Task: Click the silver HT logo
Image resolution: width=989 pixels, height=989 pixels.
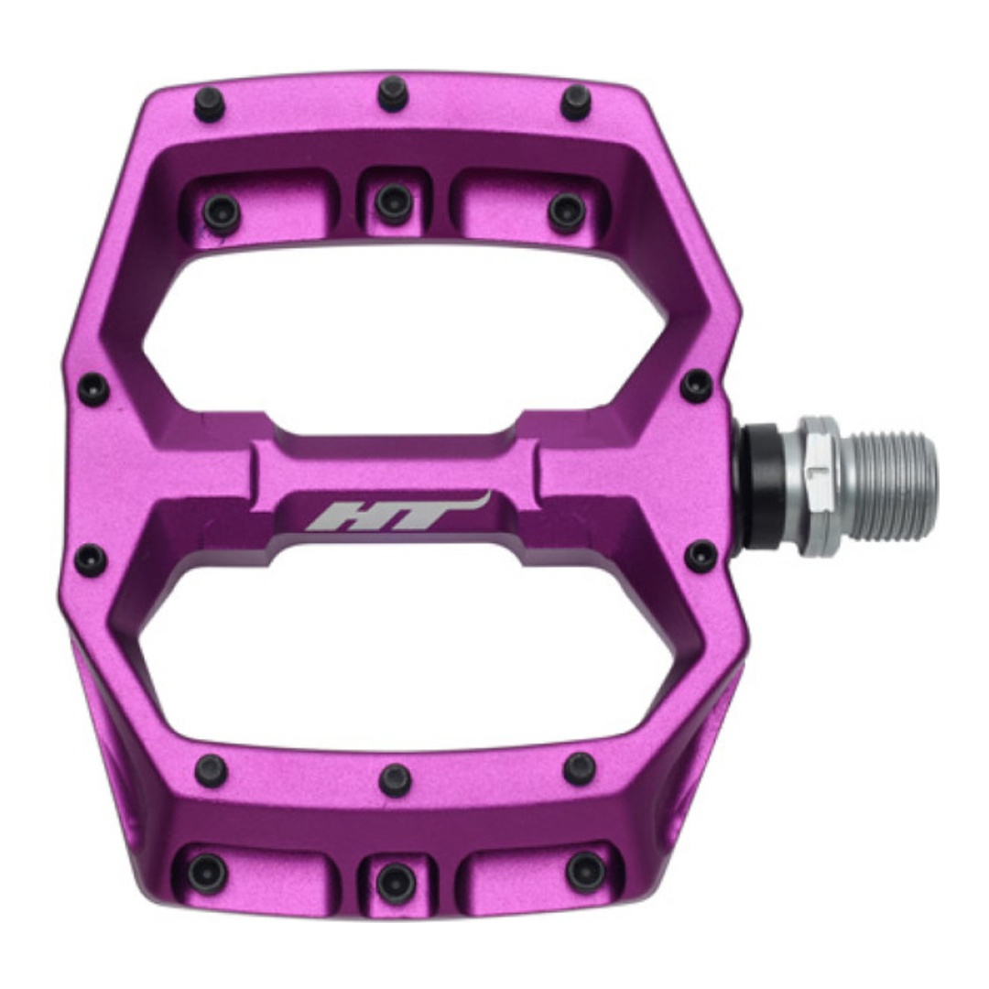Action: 397,512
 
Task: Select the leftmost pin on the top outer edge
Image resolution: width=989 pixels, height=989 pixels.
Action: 209,103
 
